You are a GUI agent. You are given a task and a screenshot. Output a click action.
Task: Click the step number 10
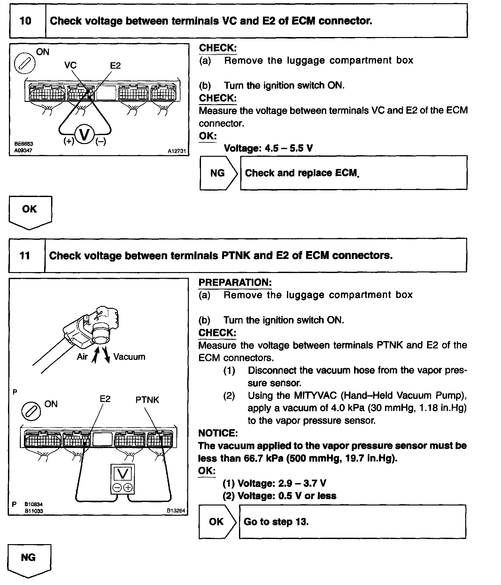(26, 21)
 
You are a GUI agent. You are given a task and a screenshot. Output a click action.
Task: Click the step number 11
(25, 256)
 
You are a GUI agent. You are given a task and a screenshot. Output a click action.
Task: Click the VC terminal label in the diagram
(70, 65)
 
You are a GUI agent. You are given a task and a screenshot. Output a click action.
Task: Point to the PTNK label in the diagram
(147, 400)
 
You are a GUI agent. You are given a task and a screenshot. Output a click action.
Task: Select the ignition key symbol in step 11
(31, 411)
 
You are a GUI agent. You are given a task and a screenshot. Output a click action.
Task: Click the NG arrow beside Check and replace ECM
(219, 173)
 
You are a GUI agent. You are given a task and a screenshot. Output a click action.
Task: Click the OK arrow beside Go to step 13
(217, 522)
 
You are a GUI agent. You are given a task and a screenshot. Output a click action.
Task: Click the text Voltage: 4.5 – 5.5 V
(268, 148)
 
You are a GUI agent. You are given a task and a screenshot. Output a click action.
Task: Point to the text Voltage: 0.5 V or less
(280, 496)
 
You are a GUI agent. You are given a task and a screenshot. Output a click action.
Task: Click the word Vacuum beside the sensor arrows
(129, 357)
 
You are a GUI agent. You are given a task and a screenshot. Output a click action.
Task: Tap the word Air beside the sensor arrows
(82, 357)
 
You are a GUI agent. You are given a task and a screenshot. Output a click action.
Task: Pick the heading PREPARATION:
(235, 282)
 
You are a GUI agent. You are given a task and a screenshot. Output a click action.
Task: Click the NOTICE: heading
(218, 433)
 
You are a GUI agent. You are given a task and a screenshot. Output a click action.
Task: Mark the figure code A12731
(177, 151)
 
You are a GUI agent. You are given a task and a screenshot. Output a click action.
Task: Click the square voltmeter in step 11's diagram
(123, 479)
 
